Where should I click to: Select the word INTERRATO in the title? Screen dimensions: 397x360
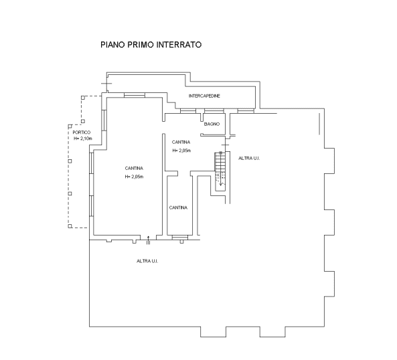[179, 45]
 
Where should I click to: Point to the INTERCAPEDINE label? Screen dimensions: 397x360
[204, 96]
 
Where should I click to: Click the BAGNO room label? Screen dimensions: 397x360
[212, 124]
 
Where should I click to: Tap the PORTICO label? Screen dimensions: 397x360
[82, 132]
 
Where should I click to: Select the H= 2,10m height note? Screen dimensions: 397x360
[83, 139]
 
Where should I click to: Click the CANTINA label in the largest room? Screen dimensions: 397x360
[134, 168]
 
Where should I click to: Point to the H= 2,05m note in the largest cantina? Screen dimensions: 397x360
[134, 177]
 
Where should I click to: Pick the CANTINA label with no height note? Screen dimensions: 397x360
[178, 207]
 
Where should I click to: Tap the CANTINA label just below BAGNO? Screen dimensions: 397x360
[181, 142]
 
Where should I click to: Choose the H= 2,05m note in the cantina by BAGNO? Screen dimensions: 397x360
[181, 151]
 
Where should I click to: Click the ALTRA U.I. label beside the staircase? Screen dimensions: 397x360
[249, 159]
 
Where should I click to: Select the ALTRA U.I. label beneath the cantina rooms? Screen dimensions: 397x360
[147, 261]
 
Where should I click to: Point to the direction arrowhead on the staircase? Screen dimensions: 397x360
[221, 184]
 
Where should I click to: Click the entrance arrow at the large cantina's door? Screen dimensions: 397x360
[149, 240]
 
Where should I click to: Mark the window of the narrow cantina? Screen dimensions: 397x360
[180, 238]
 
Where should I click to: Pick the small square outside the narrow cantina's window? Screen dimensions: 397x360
[181, 242]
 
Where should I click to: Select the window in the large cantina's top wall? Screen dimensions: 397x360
[135, 95]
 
